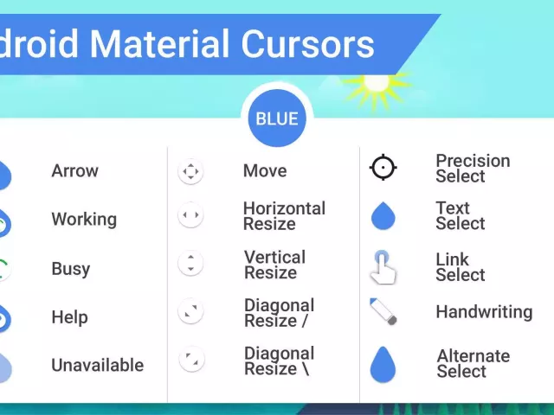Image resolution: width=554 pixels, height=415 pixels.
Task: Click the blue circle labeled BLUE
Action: (x=277, y=118)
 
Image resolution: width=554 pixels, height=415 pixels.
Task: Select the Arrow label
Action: (x=75, y=171)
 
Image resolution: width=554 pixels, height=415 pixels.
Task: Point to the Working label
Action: (x=84, y=220)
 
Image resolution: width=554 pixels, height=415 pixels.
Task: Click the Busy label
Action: (x=71, y=269)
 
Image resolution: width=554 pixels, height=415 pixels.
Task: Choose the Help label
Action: (x=70, y=317)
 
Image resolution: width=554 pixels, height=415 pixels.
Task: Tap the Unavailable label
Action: (x=98, y=366)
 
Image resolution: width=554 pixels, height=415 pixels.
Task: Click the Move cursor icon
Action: (x=190, y=171)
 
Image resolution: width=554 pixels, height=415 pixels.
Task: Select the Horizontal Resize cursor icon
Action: (x=190, y=215)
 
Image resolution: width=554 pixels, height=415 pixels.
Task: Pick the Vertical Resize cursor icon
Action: (x=190, y=263)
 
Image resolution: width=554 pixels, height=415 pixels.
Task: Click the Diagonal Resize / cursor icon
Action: (x=190, y=311)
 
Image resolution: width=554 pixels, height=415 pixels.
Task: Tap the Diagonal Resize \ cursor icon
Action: (x=190, y=359)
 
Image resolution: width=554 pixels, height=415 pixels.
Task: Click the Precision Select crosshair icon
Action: (x=383, y=168)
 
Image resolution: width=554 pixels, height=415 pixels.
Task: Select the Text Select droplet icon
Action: (x=383, y=216)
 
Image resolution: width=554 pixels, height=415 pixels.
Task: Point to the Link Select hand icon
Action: (x=383, y=266)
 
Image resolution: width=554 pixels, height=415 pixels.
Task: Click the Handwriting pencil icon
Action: (x=383, y=311)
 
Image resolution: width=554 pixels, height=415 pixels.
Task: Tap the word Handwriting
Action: (x=484, y=312)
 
